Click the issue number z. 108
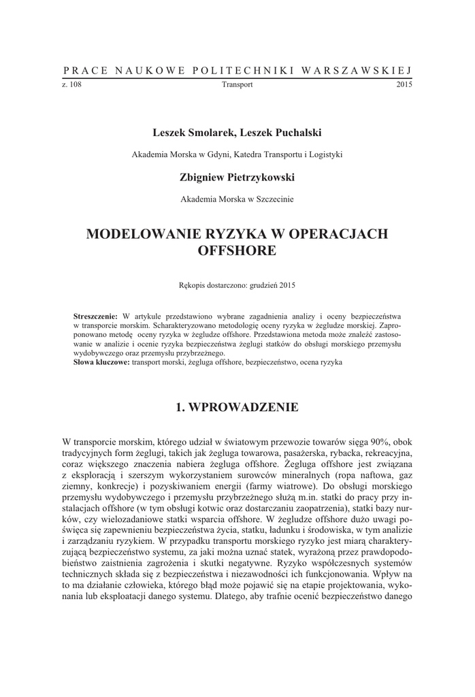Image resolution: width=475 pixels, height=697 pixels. pos(71,85)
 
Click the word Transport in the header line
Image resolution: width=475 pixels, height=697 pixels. pos(237,85)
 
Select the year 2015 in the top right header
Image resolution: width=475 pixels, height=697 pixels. pos(404,85)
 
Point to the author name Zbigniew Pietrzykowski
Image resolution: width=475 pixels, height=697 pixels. pos(237,177)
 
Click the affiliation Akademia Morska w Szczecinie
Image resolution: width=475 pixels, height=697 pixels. pos(237,200)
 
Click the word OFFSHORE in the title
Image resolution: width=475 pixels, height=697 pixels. pos(237,251)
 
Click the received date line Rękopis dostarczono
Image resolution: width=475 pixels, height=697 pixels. pos(237,285)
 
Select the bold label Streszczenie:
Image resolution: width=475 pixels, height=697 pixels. pos(95,317)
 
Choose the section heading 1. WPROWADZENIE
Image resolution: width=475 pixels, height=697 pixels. pos(237,408)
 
